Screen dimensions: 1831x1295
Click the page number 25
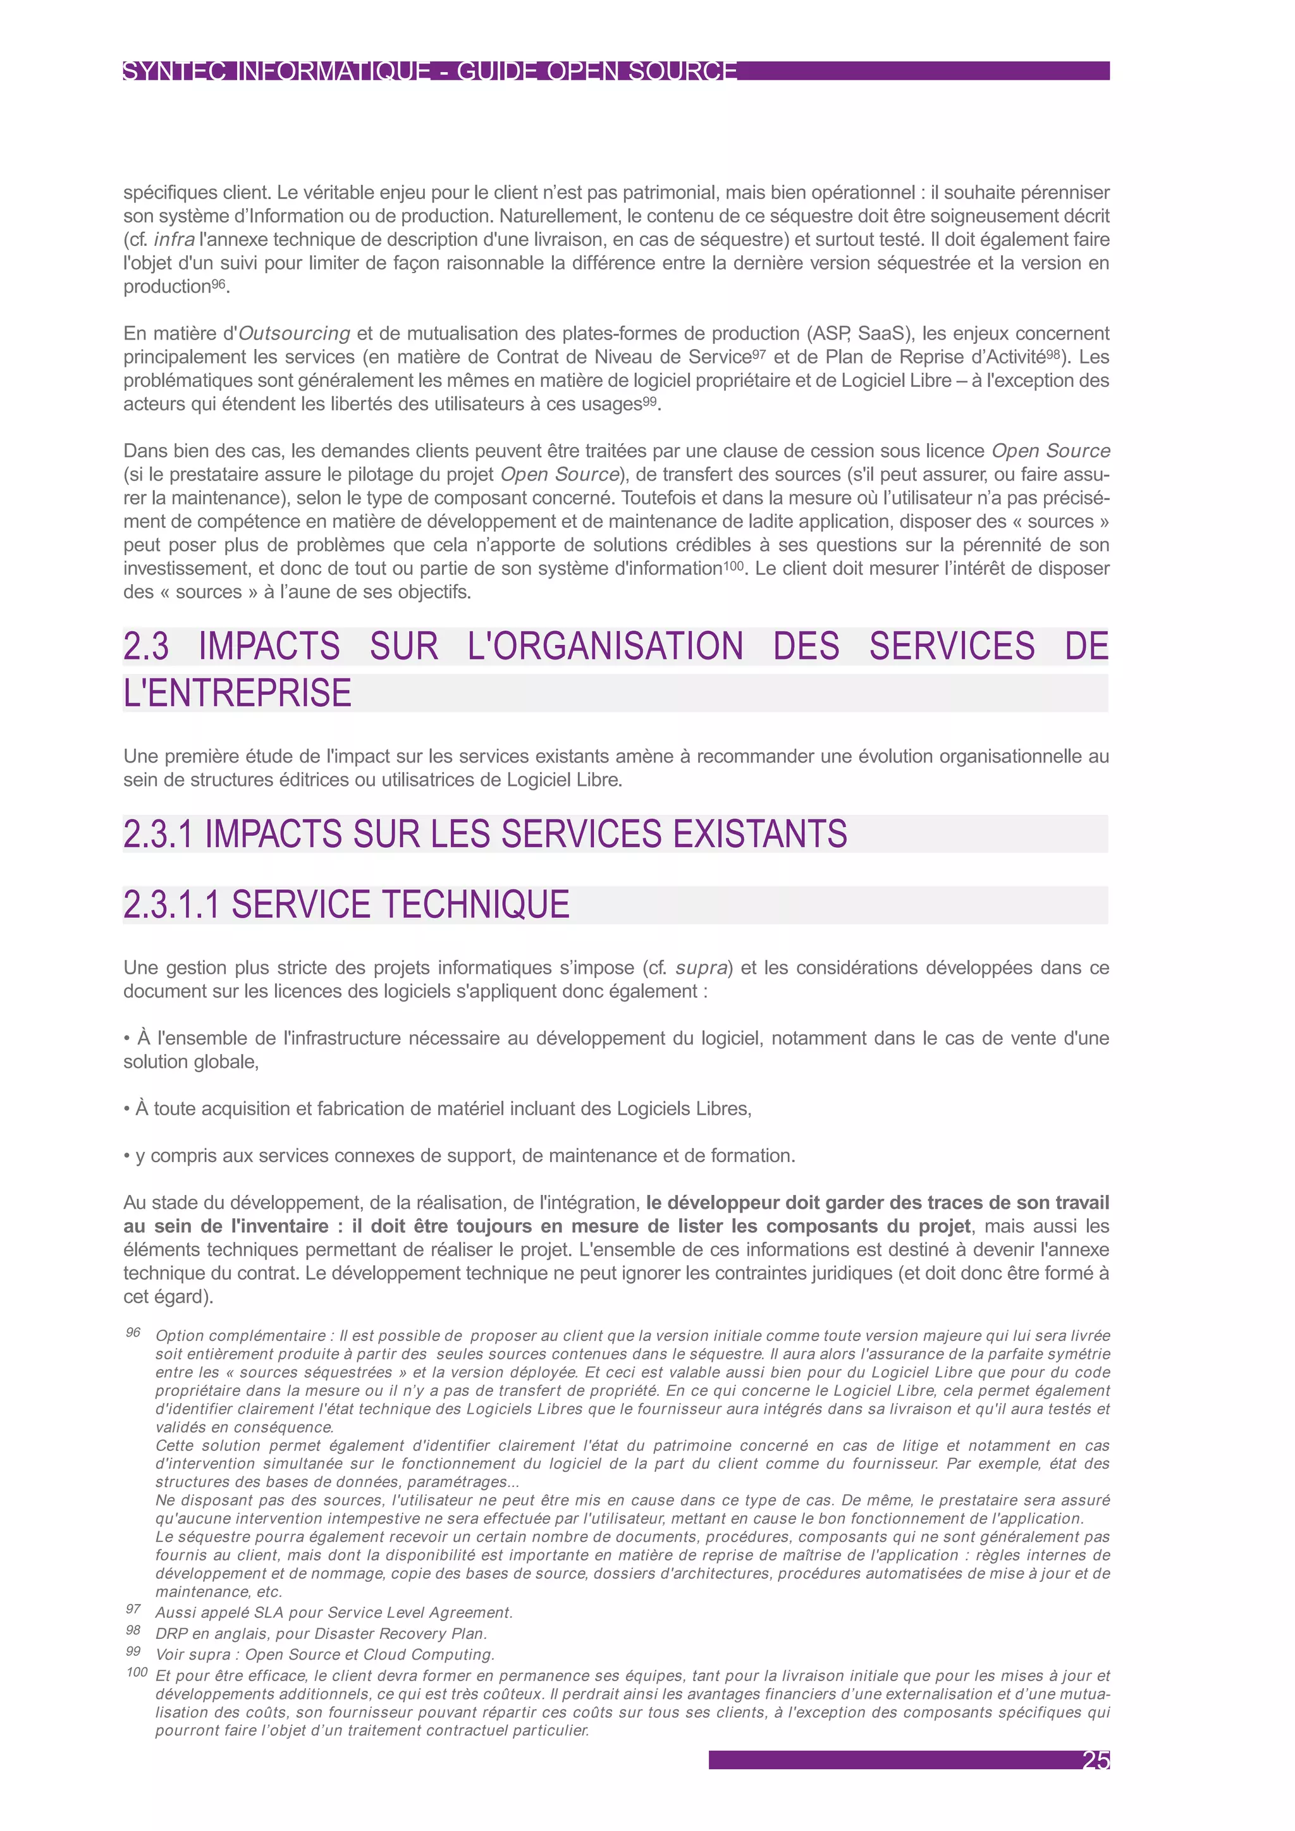coord(1096,1760)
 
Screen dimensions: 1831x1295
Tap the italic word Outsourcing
coord(294,333)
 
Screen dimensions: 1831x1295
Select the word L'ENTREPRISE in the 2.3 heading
coord(238,692)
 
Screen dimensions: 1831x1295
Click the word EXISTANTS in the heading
coord(760,833)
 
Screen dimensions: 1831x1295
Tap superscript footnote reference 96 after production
coord(219,284)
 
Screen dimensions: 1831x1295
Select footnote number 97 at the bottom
coord(133,1609)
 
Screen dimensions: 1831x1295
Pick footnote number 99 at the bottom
coord(133,1651)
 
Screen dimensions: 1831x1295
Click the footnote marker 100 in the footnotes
coord(137,1672)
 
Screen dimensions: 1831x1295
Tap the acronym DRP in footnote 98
coord(171,1633)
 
